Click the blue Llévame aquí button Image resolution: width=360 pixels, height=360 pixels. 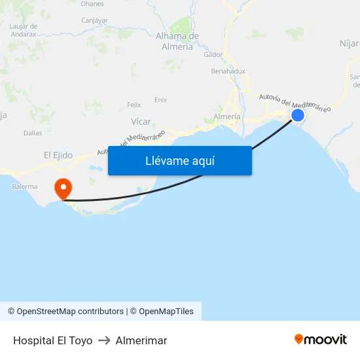pos(179,160)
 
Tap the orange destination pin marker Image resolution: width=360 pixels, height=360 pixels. pos(63,189)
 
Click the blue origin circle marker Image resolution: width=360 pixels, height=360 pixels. pos(298,115)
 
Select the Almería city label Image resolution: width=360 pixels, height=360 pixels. pos(227,117)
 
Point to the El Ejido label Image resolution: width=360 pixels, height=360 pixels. pos(58,155)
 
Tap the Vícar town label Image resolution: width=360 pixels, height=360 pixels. pos(141,121)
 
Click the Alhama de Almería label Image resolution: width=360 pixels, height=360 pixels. pos(177,41)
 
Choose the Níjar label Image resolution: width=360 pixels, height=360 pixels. pos(349,43)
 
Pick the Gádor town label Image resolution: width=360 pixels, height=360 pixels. pos(213,55)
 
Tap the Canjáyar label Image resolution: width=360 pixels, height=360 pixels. pos(94,20)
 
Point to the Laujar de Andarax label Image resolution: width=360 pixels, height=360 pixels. pos(24,29)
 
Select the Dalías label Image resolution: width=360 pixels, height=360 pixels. pos(33,133)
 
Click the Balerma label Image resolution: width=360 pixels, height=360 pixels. pos(25,187)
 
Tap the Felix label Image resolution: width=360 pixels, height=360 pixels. pos(134,105)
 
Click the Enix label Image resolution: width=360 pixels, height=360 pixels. pos(160,100)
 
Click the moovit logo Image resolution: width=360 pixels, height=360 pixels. pos(321,339)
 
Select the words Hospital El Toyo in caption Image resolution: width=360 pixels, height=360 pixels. pos(52,340)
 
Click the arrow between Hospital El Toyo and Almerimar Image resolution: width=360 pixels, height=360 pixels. pos(104,340)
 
